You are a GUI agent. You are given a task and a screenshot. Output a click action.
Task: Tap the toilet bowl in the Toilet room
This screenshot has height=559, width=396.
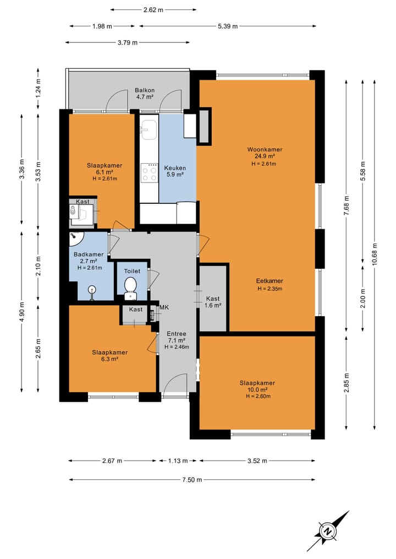coord(130,286)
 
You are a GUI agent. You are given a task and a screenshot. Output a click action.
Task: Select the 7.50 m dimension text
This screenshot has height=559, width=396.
coord(192,480)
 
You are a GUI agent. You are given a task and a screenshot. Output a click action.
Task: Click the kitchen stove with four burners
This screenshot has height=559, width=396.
coord(149,173)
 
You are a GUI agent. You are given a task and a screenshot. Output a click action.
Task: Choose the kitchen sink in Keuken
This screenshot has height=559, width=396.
coord(148,130)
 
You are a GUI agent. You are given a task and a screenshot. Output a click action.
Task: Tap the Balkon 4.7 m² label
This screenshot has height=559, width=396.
coord(145,93)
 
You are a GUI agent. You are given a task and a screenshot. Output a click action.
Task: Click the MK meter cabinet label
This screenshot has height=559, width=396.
coord(164,307)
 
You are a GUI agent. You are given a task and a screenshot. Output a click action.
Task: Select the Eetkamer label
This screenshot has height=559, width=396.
coord(269,280)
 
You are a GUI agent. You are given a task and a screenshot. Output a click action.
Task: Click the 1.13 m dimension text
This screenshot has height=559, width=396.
coord(178,461)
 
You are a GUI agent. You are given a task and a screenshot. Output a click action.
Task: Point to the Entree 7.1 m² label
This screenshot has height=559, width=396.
coord(177,340)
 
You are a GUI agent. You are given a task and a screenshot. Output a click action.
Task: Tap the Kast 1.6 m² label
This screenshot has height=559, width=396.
coord(213,302)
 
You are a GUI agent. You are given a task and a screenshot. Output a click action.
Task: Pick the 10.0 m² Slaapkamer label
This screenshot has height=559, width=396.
coord(257,389)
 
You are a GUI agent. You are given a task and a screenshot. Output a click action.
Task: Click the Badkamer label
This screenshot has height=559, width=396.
coord(89,254)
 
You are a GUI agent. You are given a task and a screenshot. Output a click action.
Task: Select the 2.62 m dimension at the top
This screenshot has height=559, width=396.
coord(153,10)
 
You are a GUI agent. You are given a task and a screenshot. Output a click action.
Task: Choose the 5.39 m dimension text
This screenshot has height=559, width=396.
coord(228,26)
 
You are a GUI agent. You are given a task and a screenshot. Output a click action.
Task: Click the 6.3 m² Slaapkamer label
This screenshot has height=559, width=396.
coord(110,356)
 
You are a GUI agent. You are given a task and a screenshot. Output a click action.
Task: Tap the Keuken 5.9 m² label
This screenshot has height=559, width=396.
coord(175,171)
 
